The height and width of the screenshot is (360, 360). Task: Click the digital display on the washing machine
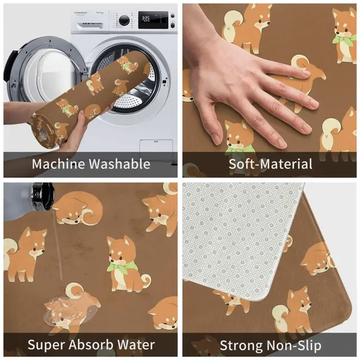(x=146, y=19)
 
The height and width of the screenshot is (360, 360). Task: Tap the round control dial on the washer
(x=124, y=20)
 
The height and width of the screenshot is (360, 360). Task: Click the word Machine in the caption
(x=57, y=164)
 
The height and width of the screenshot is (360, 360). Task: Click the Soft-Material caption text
(x=270, y=164)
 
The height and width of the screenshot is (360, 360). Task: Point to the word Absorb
(x=91, y=344)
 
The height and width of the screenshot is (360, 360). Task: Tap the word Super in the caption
(x=46, y=344)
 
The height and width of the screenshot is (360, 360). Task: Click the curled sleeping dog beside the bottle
(x=79, y=208)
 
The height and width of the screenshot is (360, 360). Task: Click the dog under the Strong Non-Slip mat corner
(x=292, y=309)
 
